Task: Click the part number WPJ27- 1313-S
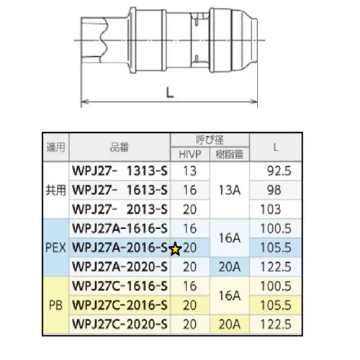pos(120,171)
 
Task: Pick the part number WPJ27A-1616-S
pos(120,228)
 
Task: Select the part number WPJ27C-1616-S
pos(120,286)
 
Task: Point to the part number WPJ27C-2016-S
pos(120,305)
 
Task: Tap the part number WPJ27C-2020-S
pos(120,323)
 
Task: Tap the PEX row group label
pos(54,248)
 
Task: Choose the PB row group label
pos(54,305)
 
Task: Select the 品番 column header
pos(121,146)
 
